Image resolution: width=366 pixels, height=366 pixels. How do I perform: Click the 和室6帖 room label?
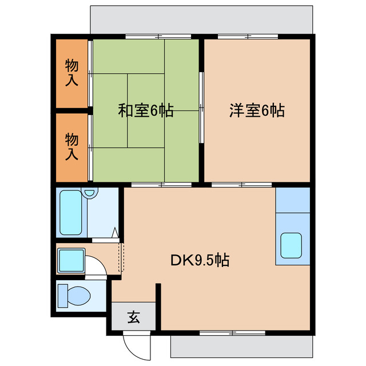click(146, 110)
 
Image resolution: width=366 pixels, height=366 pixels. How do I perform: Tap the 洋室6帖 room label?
click(257, 110)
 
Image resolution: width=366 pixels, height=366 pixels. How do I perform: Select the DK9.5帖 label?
click(200, 261)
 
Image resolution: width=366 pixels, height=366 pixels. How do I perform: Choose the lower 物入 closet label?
click(71, 146)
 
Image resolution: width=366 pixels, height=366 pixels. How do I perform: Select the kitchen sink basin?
click(292, 245)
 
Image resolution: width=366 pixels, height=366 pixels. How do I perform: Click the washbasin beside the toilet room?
click(72, 260)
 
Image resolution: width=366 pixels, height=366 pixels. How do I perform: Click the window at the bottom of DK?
click(233, 332)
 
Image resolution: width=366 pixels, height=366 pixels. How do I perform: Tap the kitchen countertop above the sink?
click(292, 200)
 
